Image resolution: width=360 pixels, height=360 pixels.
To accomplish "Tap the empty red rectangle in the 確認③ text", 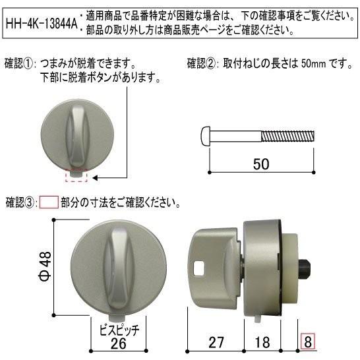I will pyautogui.click(x=49, y=201).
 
